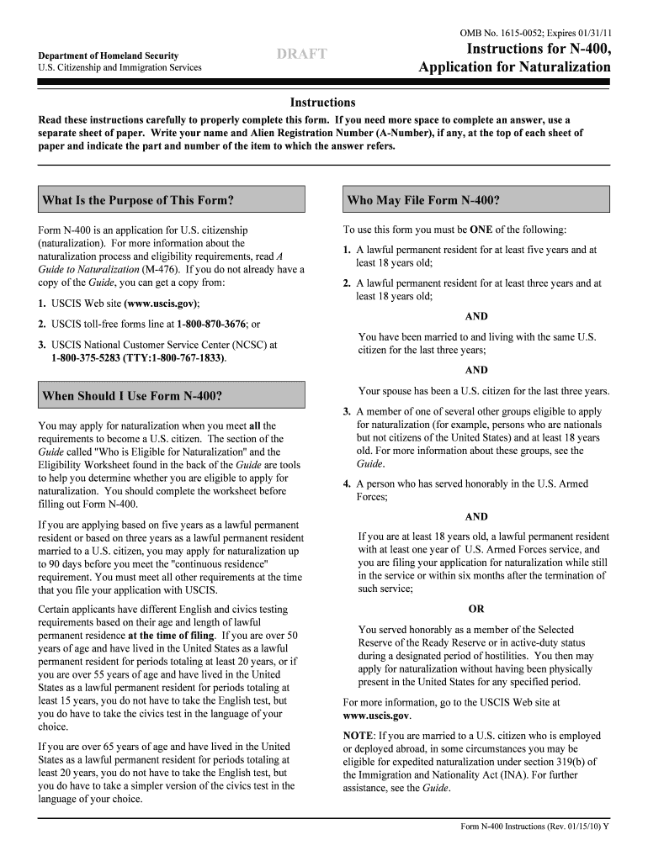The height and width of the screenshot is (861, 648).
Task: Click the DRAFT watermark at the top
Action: [x=301, y=55]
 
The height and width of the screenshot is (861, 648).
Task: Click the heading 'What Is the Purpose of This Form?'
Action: [x=137, y=200]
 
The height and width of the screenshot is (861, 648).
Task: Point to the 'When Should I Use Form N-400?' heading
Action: [x=132, y=395]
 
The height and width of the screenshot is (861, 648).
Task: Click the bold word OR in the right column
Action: [x=476, y=609]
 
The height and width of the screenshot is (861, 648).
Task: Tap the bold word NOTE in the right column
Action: [x=359, y=736]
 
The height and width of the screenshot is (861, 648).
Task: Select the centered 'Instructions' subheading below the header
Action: [x=322, y=102]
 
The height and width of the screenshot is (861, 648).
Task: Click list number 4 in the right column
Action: [x=347, y=484]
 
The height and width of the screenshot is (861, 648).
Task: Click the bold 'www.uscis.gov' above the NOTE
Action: [x=376, y=716]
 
